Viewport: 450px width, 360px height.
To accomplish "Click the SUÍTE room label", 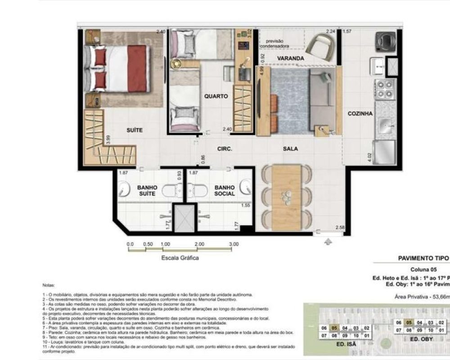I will pyautogui.click(x=134, y=130).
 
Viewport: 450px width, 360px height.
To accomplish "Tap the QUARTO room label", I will pyautogui.click(x=216, y=96).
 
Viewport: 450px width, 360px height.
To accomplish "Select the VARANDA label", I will pyautogui.click(x=290, y=58).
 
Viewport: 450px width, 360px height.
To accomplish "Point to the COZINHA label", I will pyautogui.click(x=360, y=114).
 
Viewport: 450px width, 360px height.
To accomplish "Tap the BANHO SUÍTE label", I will pyautogui.click(x=135, y=190).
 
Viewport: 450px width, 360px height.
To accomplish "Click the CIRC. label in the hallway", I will pyautogui.click(x=224, y=149).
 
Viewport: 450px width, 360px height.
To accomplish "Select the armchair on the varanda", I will pyautogui.click(x=320, y=45).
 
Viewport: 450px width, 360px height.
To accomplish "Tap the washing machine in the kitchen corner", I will pyautogui.click(x=386, y=41).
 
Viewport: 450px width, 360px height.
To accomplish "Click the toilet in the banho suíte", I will pyautogui.click(x=171, y=191).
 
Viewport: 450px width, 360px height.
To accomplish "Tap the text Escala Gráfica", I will pyautogui.click(x=180, y=258).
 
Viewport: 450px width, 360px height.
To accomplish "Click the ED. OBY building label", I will pyautogui.click(x=420, y=339).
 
